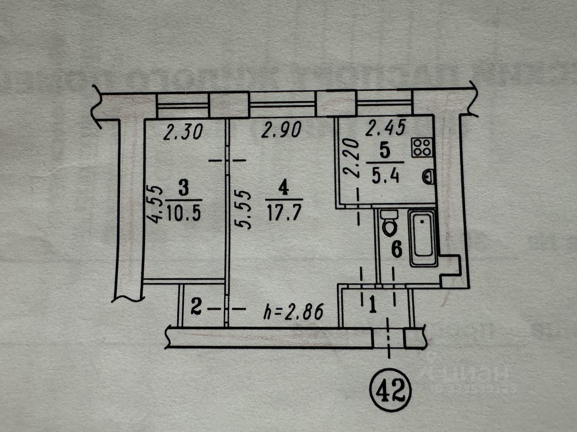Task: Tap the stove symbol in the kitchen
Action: (421, 148)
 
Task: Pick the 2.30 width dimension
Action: (183, 133)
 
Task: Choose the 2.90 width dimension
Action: (281, 130)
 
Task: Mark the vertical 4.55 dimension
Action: (156, 204)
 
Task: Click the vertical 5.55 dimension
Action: (245, 210)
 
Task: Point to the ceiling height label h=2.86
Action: (294, 312)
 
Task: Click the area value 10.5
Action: (184, 213)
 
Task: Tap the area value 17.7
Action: (284, 213)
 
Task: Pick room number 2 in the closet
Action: (196, 307)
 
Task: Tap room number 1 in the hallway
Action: (373, 304)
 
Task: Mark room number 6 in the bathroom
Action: (396, 250)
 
